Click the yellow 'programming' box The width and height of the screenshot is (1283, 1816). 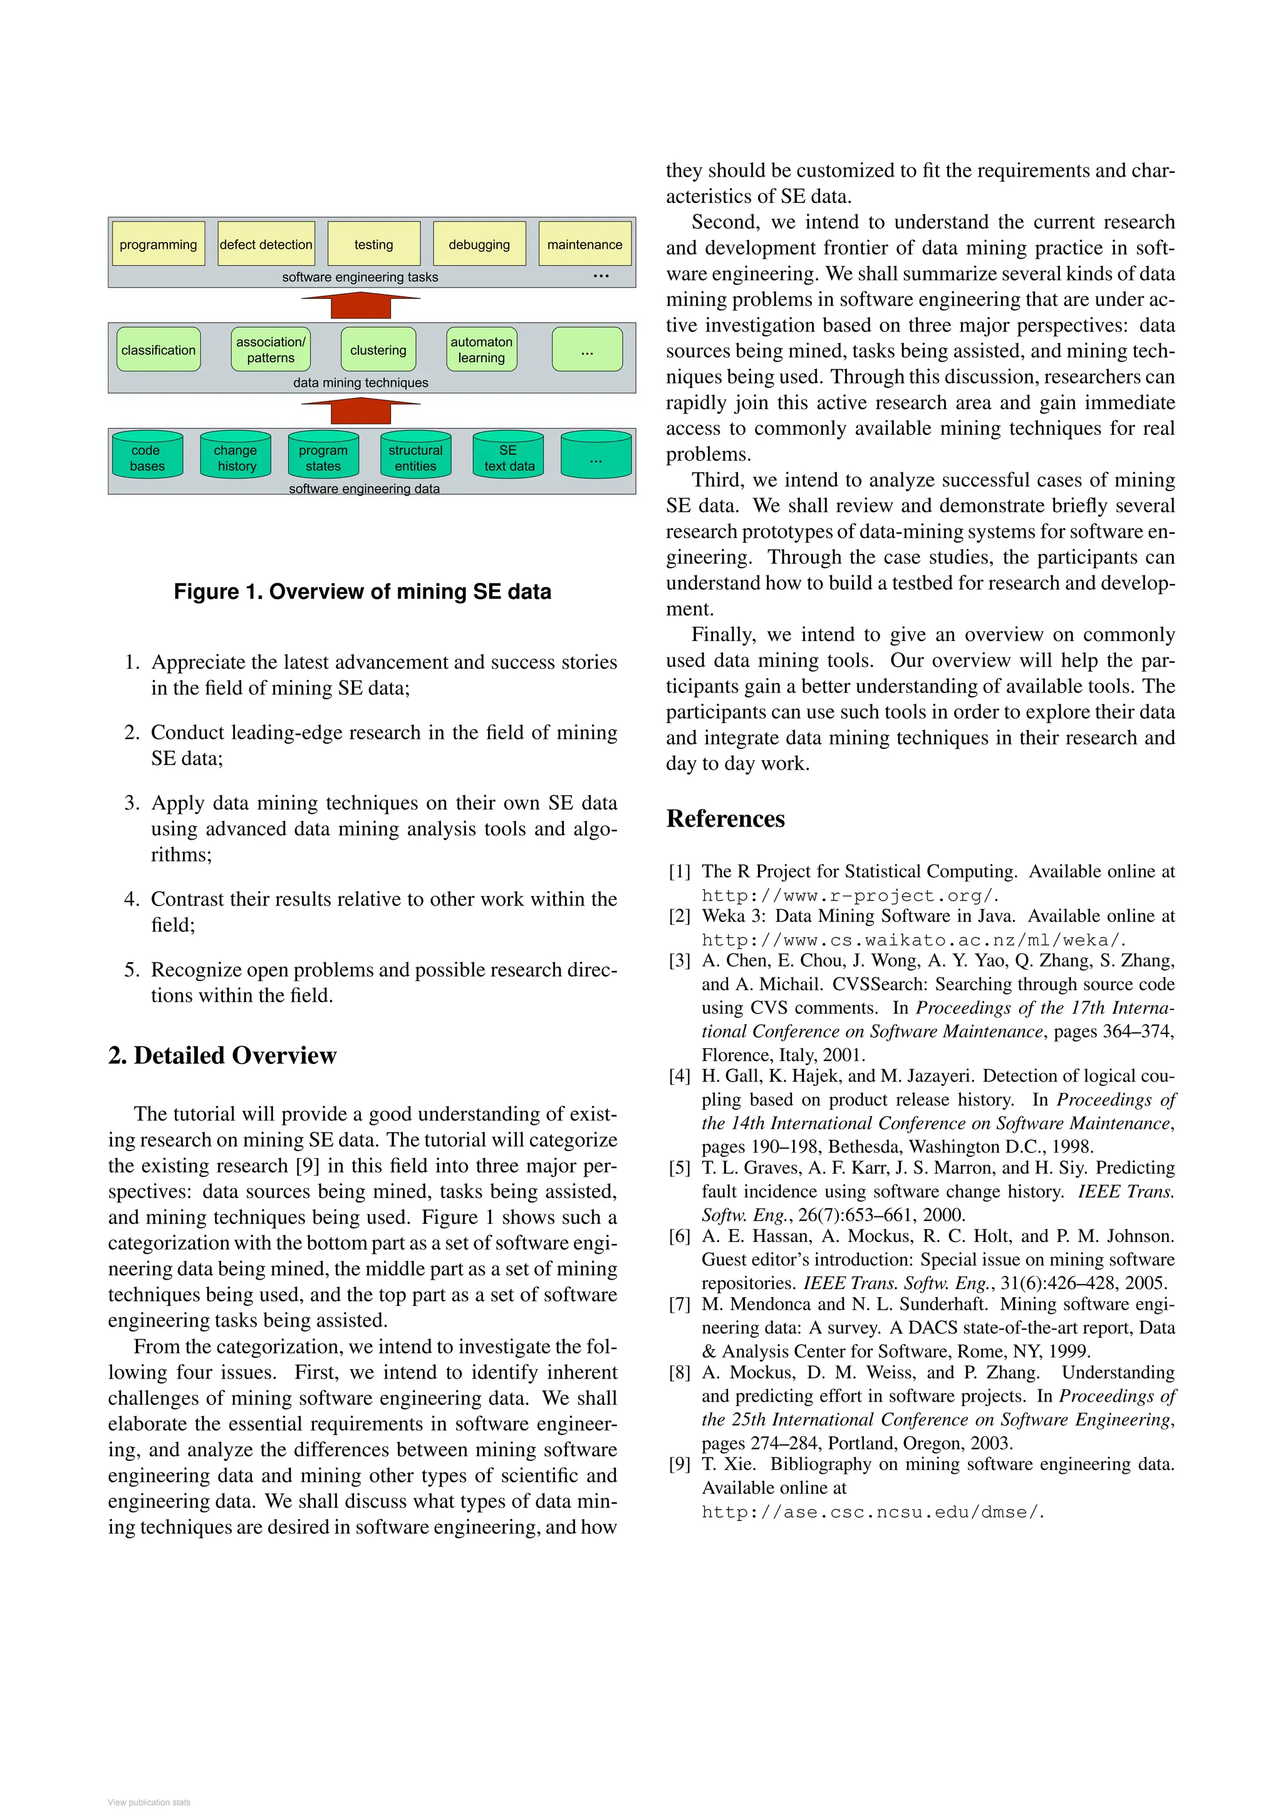158,244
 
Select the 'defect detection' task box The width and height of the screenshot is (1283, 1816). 266,244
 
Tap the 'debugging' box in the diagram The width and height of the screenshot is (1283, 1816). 479,244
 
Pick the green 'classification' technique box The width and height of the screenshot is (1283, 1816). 158,350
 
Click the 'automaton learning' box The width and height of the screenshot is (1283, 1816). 481,350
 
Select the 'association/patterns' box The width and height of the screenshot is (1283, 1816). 271,350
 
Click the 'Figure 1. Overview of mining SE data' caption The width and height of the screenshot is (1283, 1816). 362,592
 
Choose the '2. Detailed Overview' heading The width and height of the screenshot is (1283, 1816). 222,1055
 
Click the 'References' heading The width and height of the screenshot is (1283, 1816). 725,818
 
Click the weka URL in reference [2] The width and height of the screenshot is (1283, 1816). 912,939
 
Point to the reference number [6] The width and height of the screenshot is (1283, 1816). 680,1236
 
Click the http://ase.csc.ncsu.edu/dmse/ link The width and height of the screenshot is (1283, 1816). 872,1511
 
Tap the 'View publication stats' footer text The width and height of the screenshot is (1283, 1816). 149,1802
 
